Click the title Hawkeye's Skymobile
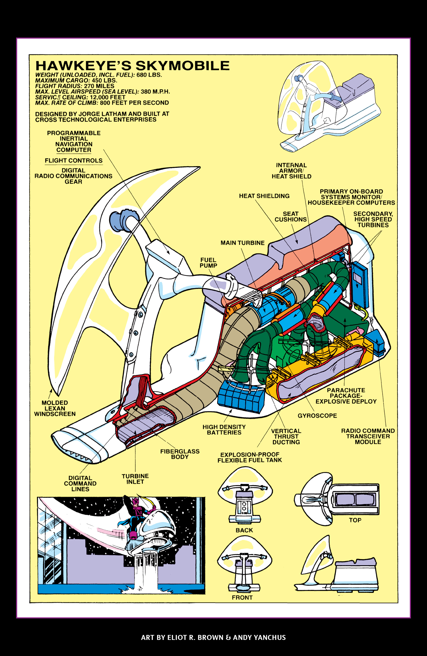click(132, 66)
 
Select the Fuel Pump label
click(208, 263)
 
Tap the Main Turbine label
click(242, 243)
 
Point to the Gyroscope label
click(317, 416)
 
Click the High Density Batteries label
click(224, 430)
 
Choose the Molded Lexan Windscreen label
click(55, 408)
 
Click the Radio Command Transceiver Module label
click(368, 436)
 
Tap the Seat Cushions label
click(290, 217)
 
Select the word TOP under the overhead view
click(355, 520)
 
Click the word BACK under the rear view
click(244, 530)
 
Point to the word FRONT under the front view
click(242, 598)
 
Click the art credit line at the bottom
click(213, 638)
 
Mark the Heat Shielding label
click(264, 196)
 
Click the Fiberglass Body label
click(180, 454)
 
